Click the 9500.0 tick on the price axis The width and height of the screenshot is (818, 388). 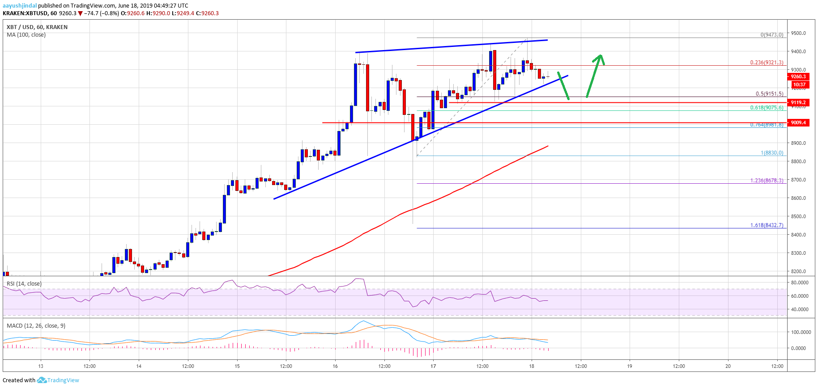(x=798, y=34)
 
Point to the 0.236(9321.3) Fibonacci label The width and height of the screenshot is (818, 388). (x=767, y=63)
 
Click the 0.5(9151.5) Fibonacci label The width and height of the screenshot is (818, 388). (x=769, y=94)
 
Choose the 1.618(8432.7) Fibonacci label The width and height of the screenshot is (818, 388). (x=767, y=225)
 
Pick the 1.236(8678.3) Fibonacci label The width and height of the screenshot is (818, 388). (x=767, y=181)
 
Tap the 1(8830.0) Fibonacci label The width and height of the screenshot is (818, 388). (x=772, y=153)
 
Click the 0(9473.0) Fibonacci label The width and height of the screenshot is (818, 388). (x=772, y=35)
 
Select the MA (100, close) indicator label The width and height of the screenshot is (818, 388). (x=26, y=35)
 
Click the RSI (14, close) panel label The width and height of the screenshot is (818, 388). (x=24, y=284)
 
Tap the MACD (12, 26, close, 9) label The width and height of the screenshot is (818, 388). (x=36, y=325)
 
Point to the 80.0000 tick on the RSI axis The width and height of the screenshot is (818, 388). (x=800, y=283)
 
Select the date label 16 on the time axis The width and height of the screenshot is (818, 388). (x=335, y=366)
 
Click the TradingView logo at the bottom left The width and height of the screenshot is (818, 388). (x=58, y=380)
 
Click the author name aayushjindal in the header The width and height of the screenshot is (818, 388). (x=20, y=6)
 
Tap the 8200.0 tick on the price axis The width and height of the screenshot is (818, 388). (x=798, y=271)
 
